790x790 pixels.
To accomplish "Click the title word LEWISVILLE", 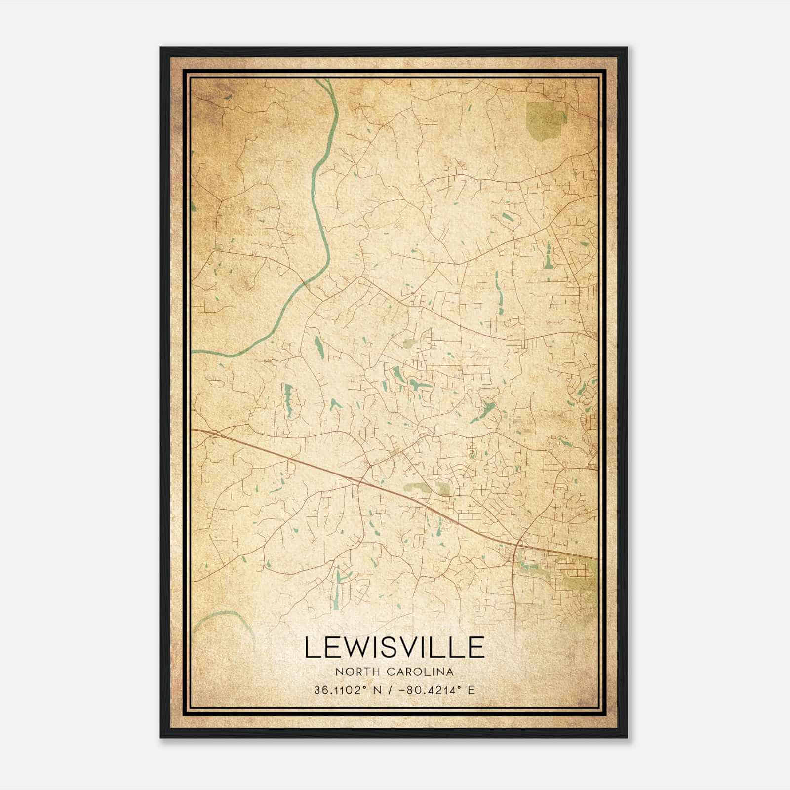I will [x=394, y=647].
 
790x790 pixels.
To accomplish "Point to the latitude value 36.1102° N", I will [x=347, y=690].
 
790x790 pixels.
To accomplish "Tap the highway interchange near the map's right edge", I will [x=516, y=546].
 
